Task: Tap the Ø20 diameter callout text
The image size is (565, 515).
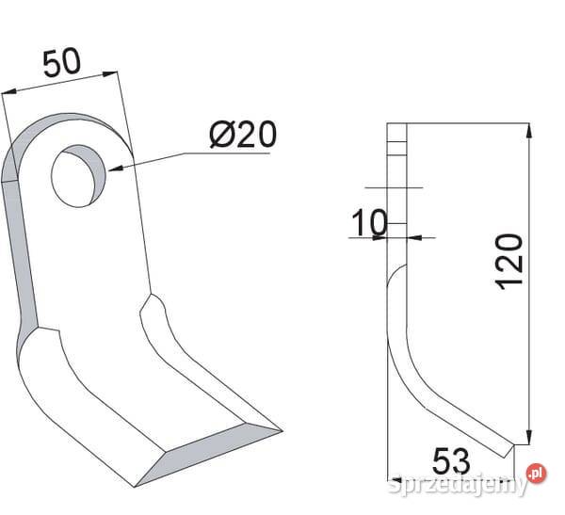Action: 242,135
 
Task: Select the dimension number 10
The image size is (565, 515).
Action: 369,223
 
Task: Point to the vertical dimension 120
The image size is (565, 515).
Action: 509,260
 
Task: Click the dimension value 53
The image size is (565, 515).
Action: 453,462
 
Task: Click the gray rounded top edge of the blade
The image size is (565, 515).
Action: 56,127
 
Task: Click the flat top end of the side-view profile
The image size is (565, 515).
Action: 395,128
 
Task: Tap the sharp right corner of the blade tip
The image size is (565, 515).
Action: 280,431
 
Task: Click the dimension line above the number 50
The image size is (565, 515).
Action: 62,82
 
